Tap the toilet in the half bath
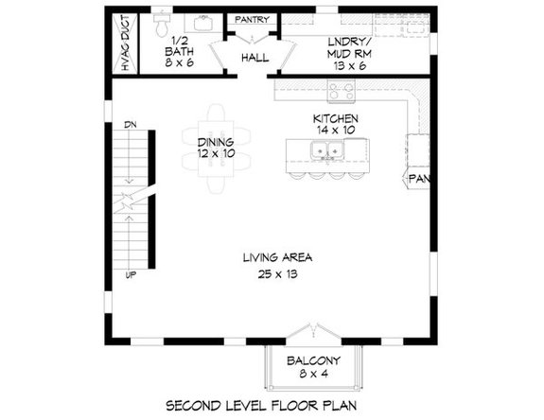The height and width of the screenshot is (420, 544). (x=162, y=20)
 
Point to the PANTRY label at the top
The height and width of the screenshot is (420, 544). (x=252, y=19)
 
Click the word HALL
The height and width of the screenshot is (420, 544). (x=253, y=58)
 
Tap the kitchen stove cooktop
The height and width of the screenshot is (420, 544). (x=341, y=92)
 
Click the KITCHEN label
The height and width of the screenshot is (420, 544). (x=336, y=119)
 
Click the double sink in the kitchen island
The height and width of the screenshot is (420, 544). (x=329, y=149)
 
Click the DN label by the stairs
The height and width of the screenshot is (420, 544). (x=130, y=124)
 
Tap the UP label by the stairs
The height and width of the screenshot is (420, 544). (x=130, y=276)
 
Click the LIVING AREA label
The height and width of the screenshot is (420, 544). (x=277, y=257)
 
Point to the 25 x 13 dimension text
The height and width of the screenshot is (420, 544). (x=277, y=274)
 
